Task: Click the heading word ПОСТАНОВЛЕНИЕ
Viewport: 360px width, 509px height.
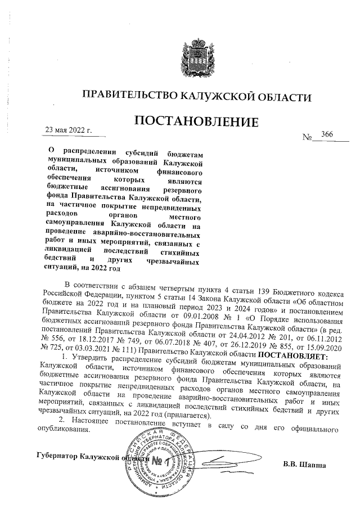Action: pos(196,121)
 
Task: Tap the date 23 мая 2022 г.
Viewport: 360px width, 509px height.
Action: pos(68,131)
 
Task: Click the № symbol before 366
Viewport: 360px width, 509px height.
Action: pos(308,137)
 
